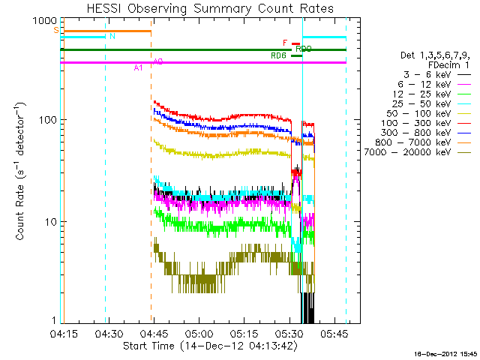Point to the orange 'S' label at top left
56,30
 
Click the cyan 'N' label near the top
112,36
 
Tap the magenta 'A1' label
138,68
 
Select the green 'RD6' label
278,55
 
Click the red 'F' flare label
285,43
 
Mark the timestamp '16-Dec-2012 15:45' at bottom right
442,353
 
